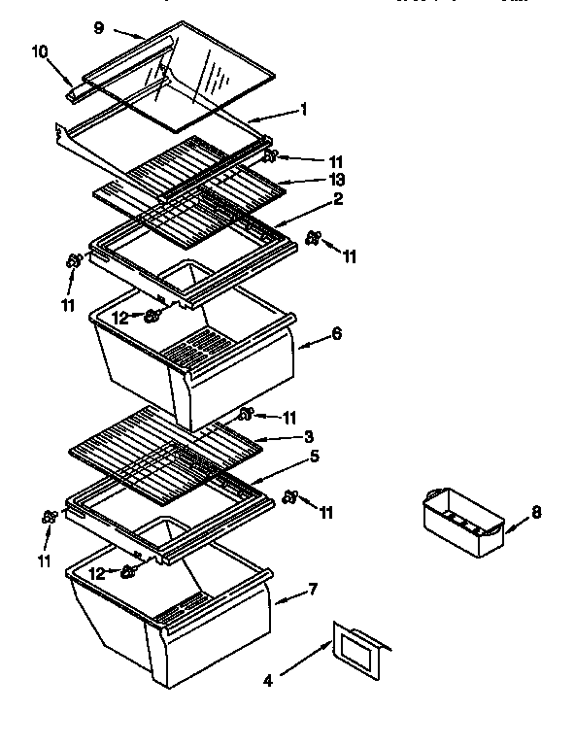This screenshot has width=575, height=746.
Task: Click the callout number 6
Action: point(336,332)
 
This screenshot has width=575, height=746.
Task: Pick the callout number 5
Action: point(314,454)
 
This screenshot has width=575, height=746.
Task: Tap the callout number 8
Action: point(537,512)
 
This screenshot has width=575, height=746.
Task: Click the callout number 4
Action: point(268,681)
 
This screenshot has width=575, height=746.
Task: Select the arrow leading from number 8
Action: point(515,522)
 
